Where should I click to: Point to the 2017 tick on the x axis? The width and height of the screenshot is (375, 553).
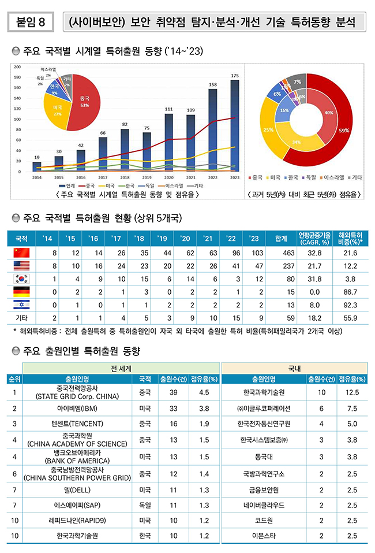click(x=103, y=177)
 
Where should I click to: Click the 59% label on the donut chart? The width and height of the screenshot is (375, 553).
click(x=344, y=131)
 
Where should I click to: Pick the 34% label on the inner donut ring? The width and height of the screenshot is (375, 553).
click(x=297, y=142)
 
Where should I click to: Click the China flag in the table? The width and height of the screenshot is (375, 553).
click(x=21, y=252)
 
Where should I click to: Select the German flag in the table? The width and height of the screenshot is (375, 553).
click(x=21, y=292)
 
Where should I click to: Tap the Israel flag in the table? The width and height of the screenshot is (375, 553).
click(x=21, y=305)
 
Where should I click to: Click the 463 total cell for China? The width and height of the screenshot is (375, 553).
click(x=281, y=253)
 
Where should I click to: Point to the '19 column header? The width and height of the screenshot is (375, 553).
click(x=162, y=237)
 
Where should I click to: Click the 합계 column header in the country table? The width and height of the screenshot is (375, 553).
click(x=281, y=237)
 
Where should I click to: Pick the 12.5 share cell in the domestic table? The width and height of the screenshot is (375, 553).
click(x=351, y=393)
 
